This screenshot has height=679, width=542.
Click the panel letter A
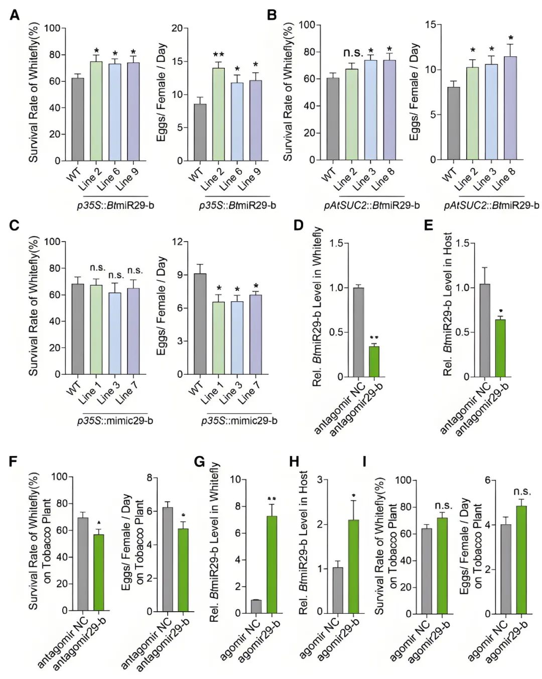coord(15,15)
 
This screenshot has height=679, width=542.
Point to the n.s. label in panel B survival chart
coord(353,53)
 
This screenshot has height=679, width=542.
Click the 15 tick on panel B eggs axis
coord(431,25)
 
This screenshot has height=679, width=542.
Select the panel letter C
coord(15,225)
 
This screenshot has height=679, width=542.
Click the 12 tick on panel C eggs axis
coord(177,242)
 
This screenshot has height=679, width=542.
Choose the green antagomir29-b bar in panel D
coord(374,362)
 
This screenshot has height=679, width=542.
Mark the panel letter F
coord(14,462)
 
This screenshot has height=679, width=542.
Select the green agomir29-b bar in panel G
coord(272,565)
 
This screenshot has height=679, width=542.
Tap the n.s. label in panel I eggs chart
coord(522,492)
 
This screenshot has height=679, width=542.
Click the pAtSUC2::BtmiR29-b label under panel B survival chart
coord(372,205)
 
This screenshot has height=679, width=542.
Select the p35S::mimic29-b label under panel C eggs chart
coord(239,421)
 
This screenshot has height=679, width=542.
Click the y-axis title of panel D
coord(317,306)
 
